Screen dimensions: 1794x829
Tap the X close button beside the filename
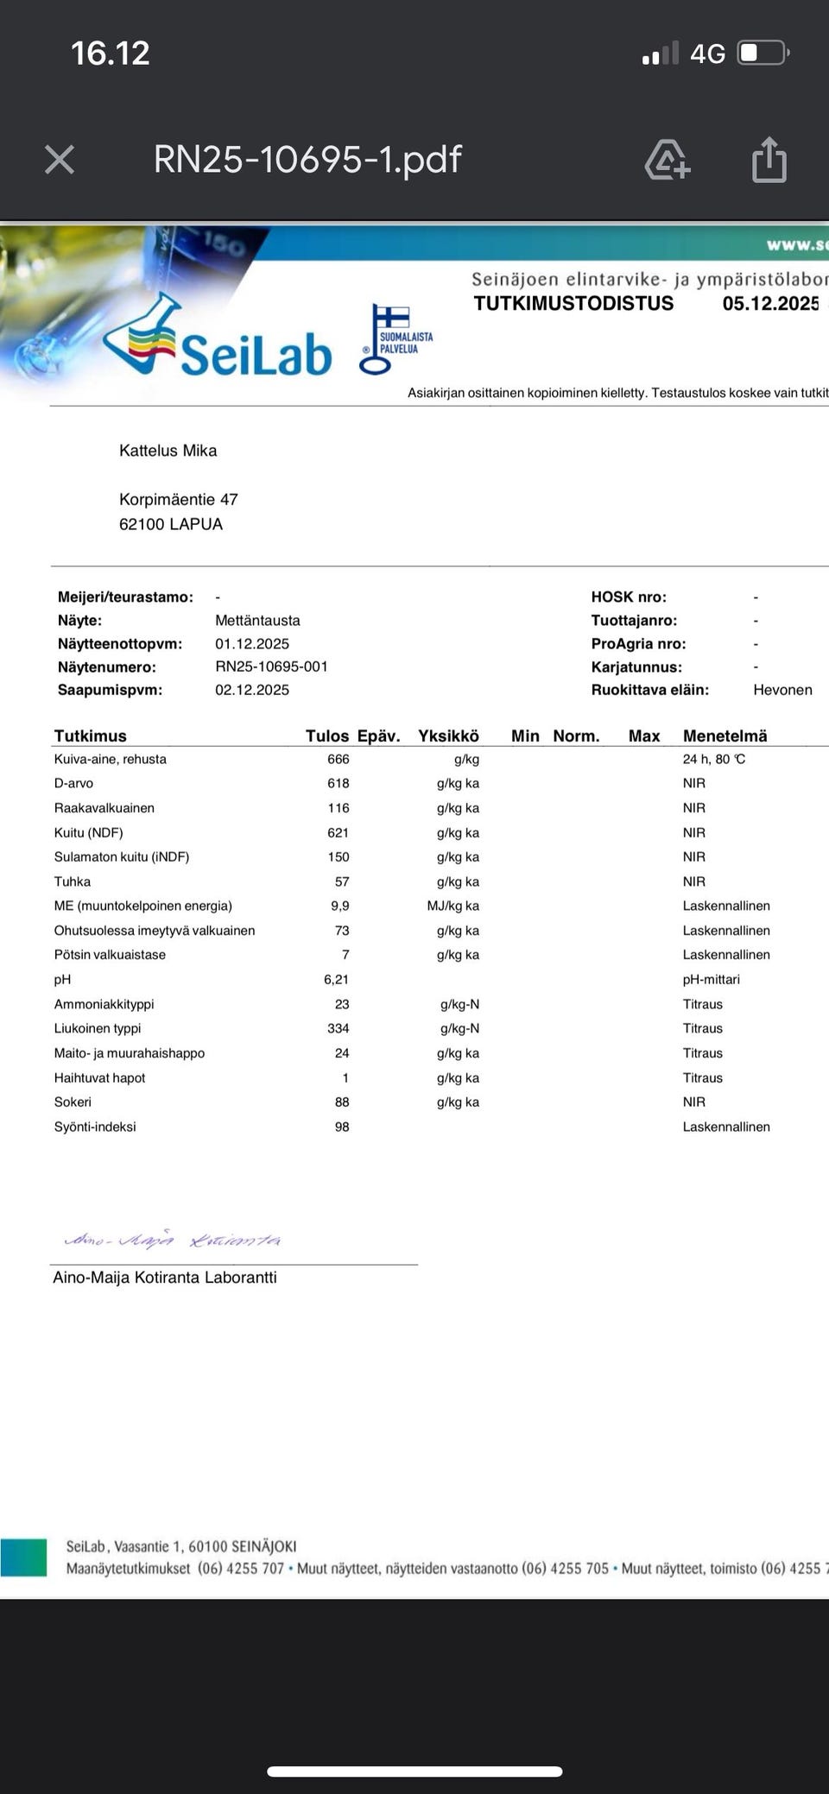pyautogui.click(x=60, y=160)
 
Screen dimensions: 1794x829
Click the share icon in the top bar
pyautogui.click(x=769, y=161)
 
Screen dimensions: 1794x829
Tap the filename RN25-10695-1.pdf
pyautogui.click(x=307, y=160)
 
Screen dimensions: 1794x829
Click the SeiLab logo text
pyautogui.click(x=256, y=355)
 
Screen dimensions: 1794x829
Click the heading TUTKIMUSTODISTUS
pyautogui.click(x=573, y=303)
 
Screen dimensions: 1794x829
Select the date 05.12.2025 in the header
pyautogui.click(x=770, y=303)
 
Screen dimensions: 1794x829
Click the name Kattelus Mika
pyautogui.click(x=168, y=451)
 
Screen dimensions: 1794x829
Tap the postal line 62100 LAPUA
pyautogui.click(x=171, y=524)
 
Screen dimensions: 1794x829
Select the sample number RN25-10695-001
pyautogui.click(x=271, y=666)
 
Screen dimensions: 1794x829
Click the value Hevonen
pyautogui.click(x=782, y=690)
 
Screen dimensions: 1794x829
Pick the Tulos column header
pyautogui.click(x=326, y=736)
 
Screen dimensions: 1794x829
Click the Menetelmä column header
pyautogui.click(x=725, y=736)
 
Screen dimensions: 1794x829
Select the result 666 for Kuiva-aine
pyautogui.click(x=339, y=759)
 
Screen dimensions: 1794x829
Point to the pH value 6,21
pyautogui.click(x=336, y=979)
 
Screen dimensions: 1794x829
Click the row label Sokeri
pyautogui.click(x=73, y=1102)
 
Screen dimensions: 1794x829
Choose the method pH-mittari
pyautogui.click(x=711, y=979)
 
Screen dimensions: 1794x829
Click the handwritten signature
pyautogui.click(x=173, y=1241)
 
